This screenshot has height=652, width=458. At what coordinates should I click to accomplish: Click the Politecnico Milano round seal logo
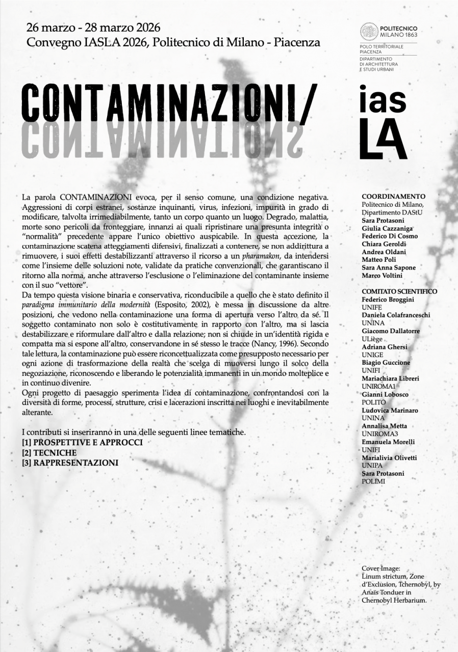(x=369, y=32)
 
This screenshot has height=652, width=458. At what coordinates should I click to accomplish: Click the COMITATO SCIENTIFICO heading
(x=399, y=291)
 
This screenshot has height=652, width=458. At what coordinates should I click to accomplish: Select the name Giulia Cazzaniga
(x=387, y=228)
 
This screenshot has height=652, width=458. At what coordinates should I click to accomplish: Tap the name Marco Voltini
(x=382, y=276)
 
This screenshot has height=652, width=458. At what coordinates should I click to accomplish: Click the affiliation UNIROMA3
(x=378, y=433)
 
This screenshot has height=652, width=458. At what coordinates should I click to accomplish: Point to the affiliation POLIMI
(x=373, y=481)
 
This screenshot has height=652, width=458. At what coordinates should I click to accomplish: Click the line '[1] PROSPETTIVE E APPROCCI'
(x=82, y=442)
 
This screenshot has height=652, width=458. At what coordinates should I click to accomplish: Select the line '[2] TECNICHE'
(x=49, y=452)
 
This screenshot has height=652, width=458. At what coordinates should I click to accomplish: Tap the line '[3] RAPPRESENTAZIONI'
(x=70, y=463)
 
